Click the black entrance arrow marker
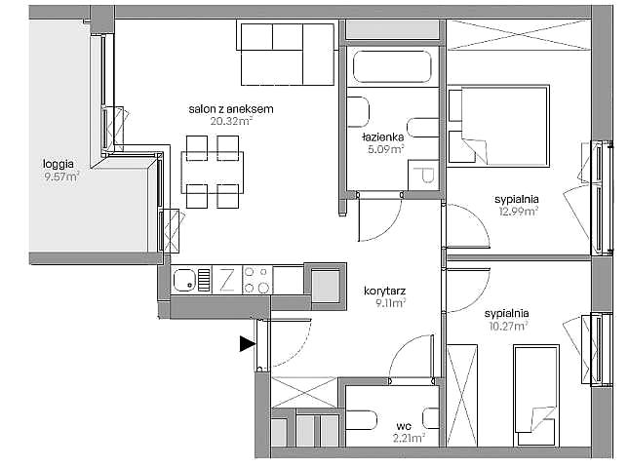click(247, 343)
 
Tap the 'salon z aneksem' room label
click(231, 108)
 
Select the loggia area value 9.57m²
click(61, 176)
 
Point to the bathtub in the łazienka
click(392, 66)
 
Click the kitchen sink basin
click(184, 280)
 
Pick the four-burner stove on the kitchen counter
click(257, 280)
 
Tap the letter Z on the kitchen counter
click(226, 280)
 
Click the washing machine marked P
click(423, 175)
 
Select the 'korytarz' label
click(384, 291)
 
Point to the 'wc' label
click(404, 426)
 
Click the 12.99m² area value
click(518, 211)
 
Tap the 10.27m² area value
click(508, 326)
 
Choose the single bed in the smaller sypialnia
click(536, 396)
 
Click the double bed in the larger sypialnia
click(498, 126)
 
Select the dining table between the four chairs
click(213, 173)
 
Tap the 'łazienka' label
click(383, 137)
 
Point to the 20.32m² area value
click(231, 121)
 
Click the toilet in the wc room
click(362, 420)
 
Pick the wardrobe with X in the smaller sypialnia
click(461, 396)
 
